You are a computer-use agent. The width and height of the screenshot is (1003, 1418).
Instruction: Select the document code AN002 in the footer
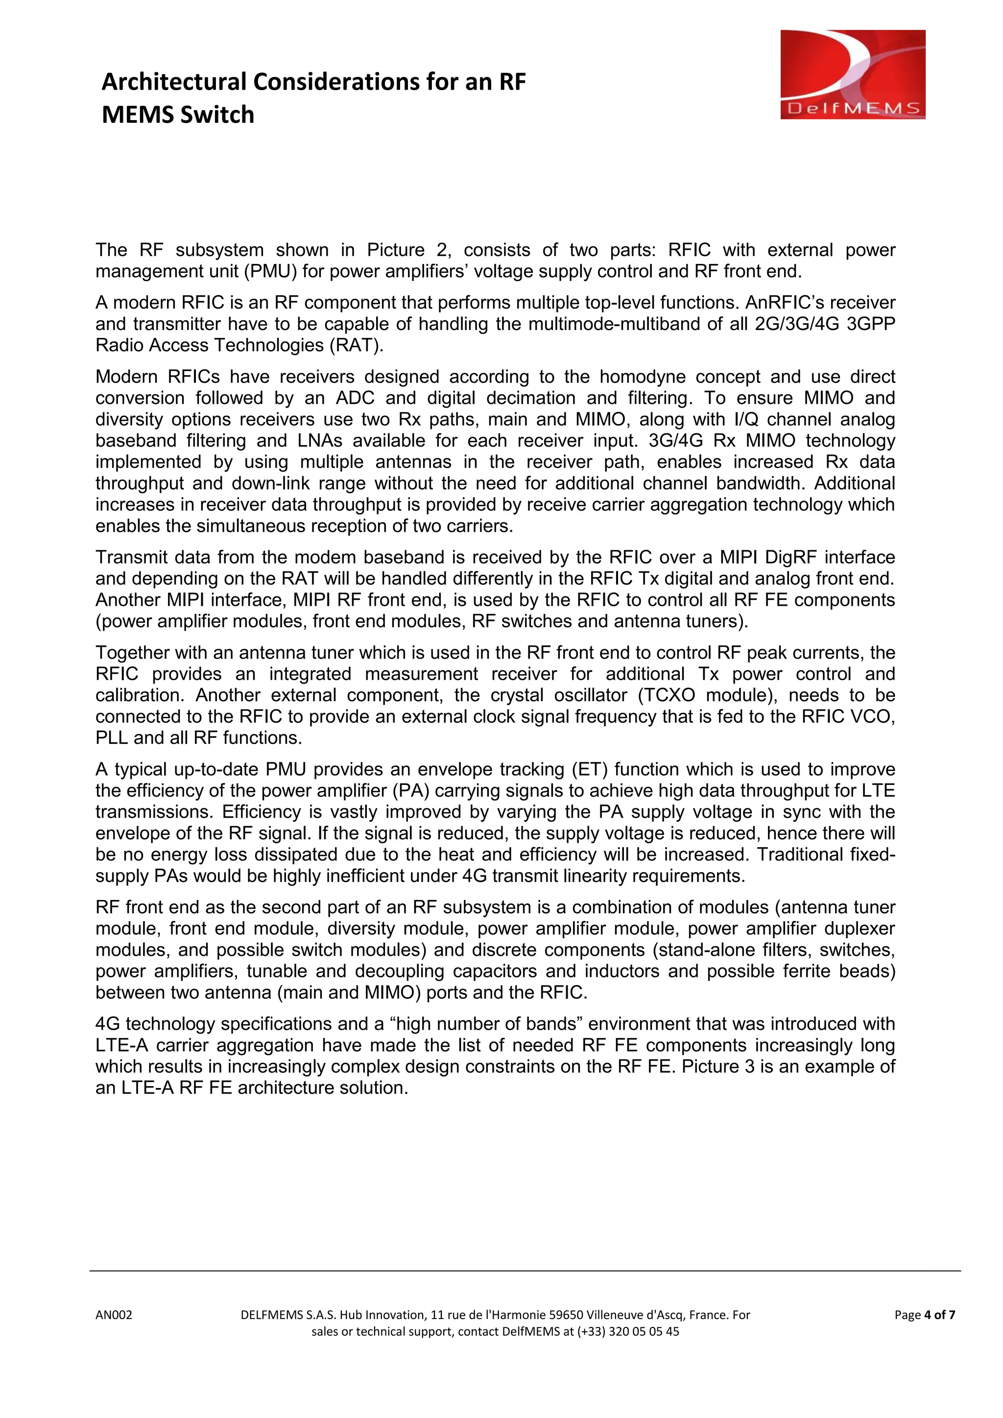(114, 1315)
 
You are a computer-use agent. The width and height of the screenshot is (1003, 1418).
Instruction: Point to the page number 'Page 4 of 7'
(925, 1315)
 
